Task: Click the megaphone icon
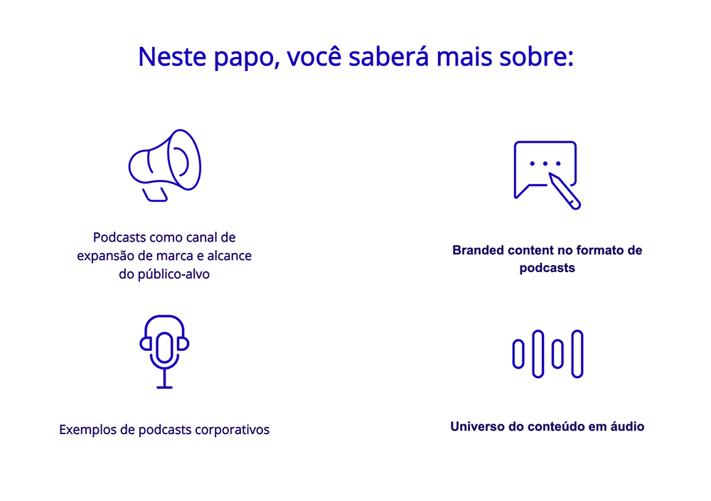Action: tap(165, 166)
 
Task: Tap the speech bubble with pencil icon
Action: tap(547, 175)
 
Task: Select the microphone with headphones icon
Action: tap(164, 352)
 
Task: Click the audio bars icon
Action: tap(547, 354)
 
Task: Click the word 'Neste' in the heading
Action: tap(172, 57)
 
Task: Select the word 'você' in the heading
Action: tap(314, 57)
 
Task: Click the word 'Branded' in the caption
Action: tap(478, 250)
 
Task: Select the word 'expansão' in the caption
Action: tap(106, 256)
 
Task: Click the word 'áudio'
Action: tap(627, 426)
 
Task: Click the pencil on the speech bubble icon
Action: tap(565, 191)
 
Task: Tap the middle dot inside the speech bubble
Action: tap(545, 163)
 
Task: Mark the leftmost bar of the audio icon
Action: tap(518, 354)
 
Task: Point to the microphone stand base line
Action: tap(164, 387)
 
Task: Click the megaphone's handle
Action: tap(155, 195)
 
